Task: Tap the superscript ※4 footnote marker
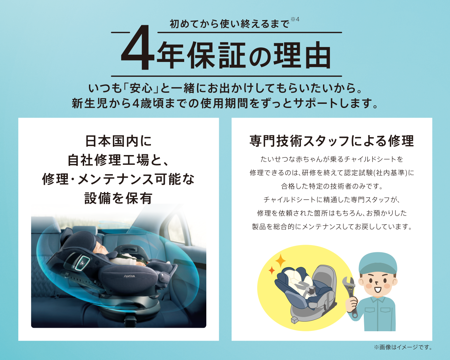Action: [295, 19]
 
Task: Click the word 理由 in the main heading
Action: [302, 55]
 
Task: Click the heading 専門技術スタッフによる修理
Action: [332, 141]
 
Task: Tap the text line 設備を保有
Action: [118, 198]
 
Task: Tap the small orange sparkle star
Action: [272, 270]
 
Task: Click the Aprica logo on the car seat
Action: [129, 276]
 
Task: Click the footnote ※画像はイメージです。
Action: [403, 347]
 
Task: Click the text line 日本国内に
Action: [118, 141]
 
